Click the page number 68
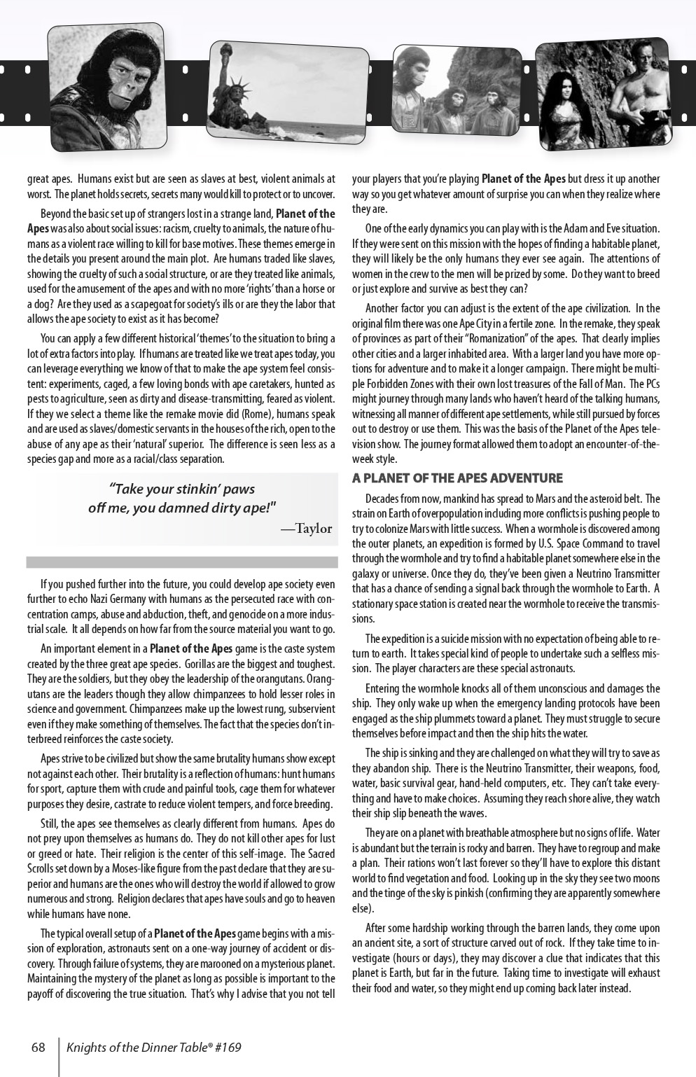[38, 1048]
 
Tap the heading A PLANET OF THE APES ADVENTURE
[457, 478]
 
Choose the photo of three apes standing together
[456, 90]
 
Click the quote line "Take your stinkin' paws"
[182, 489]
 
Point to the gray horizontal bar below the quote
[182, 562]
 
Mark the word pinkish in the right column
[462, 893]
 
